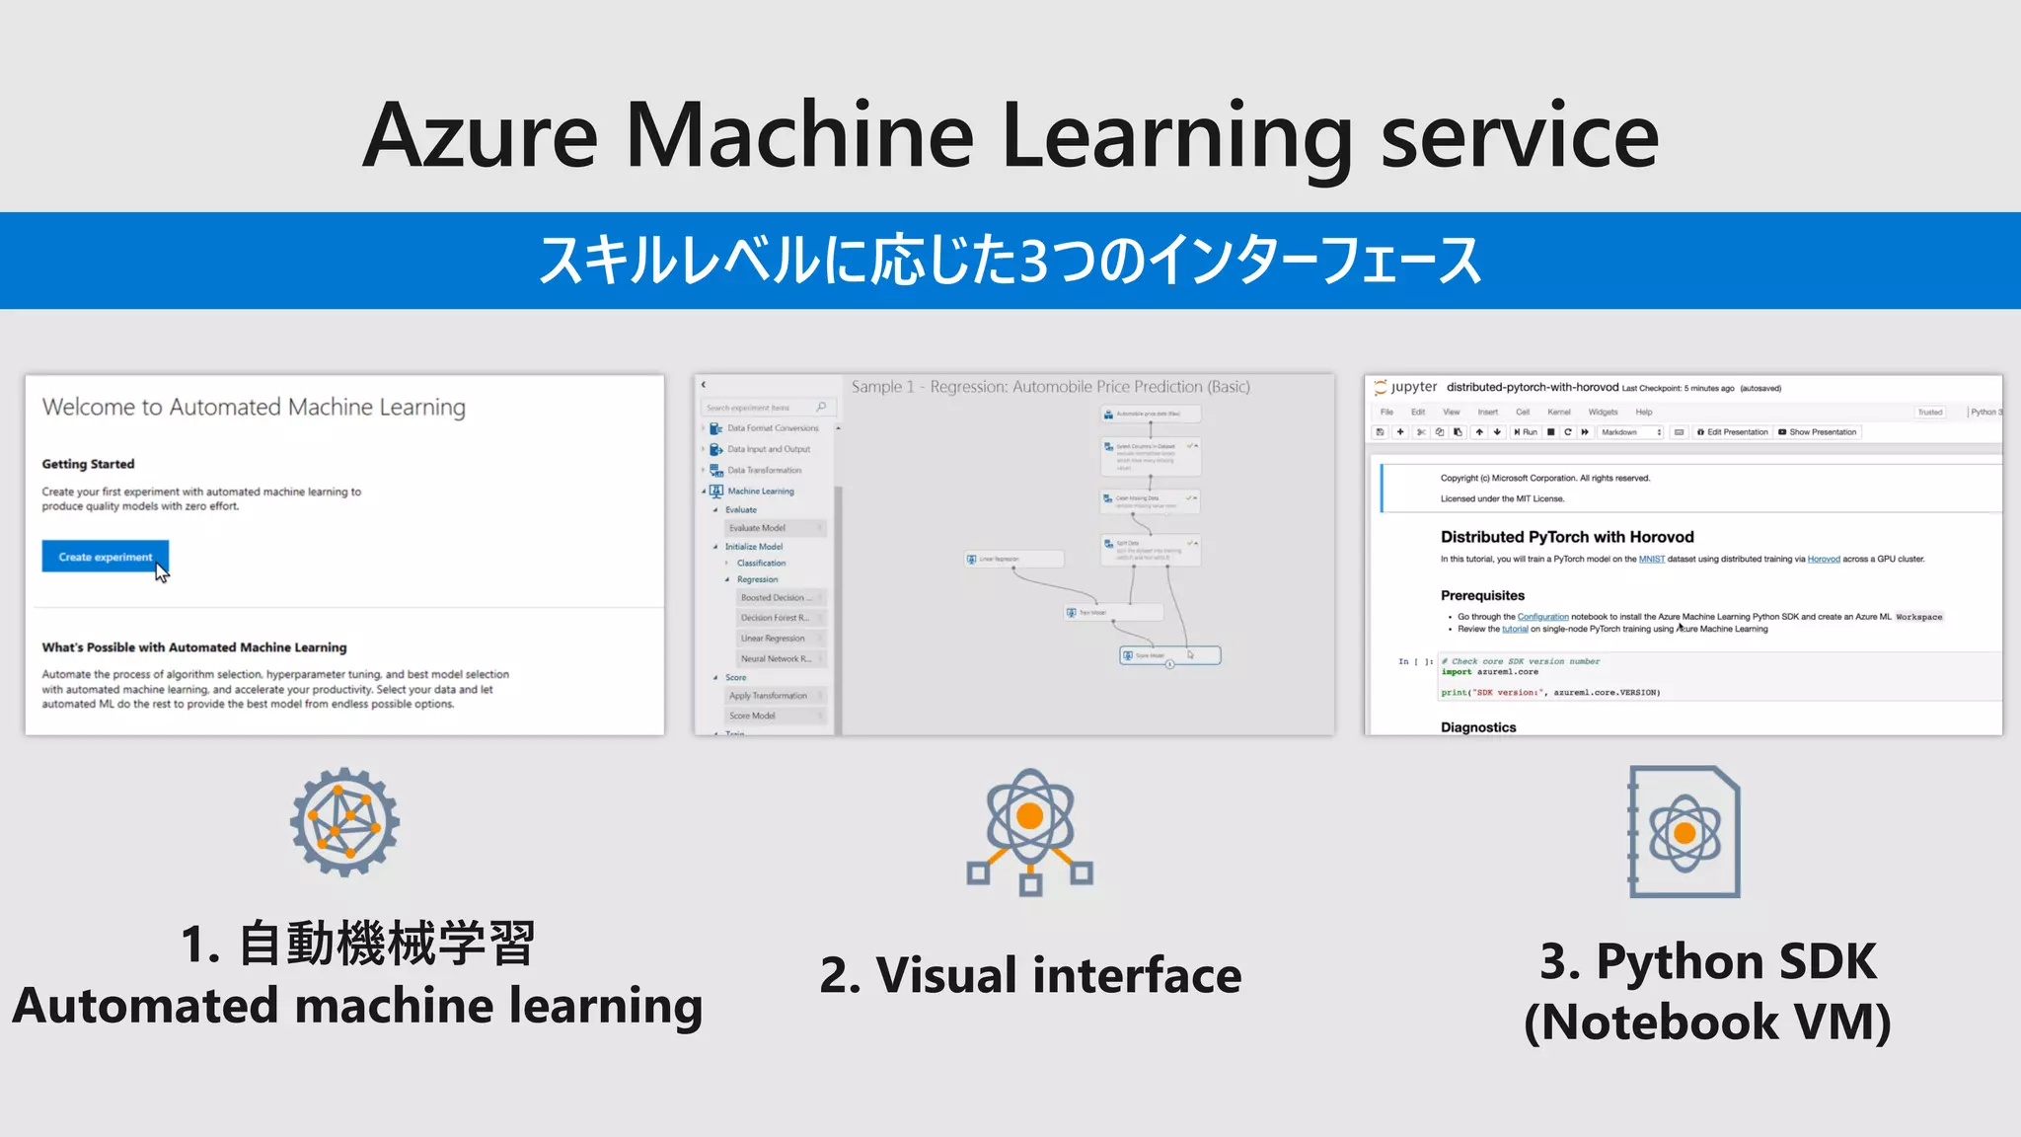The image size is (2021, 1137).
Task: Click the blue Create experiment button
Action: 105,557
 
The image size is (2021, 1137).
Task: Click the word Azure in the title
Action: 481,136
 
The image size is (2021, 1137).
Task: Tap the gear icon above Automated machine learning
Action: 344,822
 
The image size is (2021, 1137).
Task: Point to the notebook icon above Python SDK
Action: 1684,832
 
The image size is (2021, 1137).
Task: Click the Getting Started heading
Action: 88,464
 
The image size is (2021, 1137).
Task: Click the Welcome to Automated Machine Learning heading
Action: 254,407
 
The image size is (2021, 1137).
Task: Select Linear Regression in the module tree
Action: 773,639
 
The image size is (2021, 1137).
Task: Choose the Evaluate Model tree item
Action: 757,528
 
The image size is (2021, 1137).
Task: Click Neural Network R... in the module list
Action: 776,658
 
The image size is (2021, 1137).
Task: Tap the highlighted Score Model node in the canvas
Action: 1169,655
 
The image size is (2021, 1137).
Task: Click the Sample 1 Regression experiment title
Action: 1050,387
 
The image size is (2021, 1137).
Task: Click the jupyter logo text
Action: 1413,387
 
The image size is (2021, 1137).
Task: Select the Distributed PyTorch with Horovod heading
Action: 1566,537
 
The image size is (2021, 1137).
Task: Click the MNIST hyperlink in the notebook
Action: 1651,560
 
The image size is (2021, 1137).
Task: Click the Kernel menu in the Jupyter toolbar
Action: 1558,412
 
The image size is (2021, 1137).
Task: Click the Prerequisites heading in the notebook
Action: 1482,595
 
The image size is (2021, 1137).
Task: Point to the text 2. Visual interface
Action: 1030,975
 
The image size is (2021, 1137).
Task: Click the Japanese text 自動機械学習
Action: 386,944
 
